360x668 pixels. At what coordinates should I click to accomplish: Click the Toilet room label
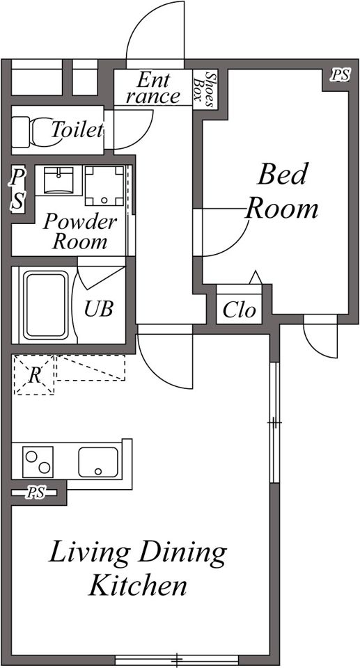(77, 129)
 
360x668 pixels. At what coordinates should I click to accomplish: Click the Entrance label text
(153, 88)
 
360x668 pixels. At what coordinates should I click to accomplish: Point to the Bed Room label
(283, 192)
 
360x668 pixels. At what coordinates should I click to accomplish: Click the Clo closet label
(240, 310)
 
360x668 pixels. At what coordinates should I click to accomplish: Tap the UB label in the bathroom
(99, 309)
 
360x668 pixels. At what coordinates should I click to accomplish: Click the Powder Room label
(80, 231)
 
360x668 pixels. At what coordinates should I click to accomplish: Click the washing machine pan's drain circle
(104, 200)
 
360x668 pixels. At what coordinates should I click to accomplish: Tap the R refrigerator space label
(35, 376)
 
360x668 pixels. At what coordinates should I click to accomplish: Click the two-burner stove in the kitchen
(38, 462)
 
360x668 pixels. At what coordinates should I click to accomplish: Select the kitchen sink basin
(98, 462)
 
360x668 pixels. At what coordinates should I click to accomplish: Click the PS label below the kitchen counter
(36, 493)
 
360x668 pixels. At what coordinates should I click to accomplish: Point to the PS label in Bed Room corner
(341, 75)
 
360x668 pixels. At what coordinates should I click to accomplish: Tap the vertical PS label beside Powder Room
(18, 189)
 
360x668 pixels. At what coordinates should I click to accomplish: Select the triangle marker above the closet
(256, 277)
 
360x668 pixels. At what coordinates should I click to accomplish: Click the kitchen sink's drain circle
(99, 472)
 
